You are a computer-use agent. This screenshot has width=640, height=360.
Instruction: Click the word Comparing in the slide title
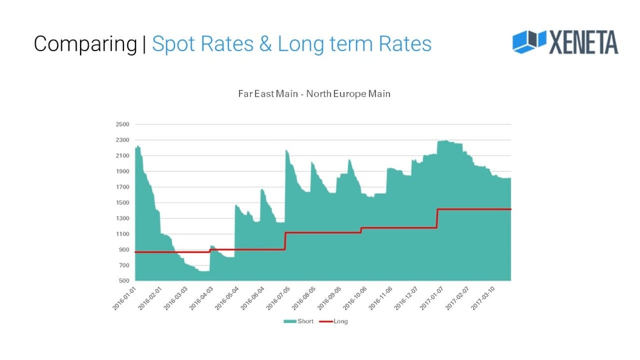(x=84, y=44)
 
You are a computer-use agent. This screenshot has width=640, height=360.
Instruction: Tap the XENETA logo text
(x=583, y=42)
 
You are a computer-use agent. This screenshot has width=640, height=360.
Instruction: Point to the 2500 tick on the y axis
(x=122, y=125)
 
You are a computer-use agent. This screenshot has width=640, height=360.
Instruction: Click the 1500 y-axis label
(x=122, y=203)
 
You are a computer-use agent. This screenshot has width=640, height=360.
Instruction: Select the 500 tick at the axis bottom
(x=123, y=281)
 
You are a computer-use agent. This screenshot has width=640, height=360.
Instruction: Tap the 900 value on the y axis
(x=123, y=249)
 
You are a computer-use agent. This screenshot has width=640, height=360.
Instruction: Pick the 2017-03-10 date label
(x=484, y=298)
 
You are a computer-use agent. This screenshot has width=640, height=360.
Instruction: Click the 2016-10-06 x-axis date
(x=356, y=298)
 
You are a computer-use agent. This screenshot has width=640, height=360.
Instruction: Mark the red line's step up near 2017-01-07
(x=437, y=218)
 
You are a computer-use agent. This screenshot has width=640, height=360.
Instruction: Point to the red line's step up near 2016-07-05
(x=285, y=240)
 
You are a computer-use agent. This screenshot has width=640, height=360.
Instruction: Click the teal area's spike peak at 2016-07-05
(x=286, y=150)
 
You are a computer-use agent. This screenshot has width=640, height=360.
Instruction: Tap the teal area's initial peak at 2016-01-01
(x=138, y=146)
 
